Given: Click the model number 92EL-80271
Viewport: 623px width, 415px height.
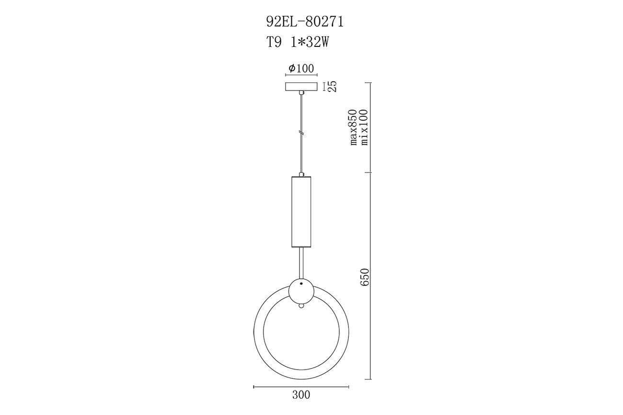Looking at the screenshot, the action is (x=305, y=22).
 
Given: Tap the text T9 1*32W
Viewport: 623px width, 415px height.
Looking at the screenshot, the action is (x=298, y=43).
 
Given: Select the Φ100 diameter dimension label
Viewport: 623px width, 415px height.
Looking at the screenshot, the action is (x=301, y=68).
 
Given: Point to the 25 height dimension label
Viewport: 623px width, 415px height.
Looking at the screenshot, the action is (x=332, y=86).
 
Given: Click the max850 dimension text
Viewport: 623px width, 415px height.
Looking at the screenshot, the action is (x=353, y=127).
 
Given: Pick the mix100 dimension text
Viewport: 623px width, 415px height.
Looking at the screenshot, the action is (x=364, y=127).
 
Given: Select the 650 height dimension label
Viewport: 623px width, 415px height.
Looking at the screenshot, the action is (x=364, y=277).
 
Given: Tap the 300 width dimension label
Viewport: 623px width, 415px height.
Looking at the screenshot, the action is (x=301, y=395).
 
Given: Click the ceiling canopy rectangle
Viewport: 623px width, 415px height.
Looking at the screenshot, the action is (x=301, y=87).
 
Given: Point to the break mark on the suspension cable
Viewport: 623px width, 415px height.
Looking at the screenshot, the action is (x=301, y=133).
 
